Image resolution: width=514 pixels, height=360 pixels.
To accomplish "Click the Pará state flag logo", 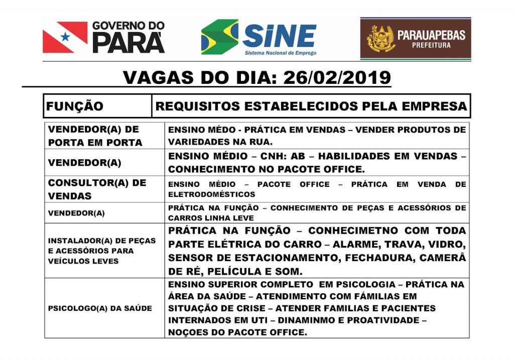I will (65, 37).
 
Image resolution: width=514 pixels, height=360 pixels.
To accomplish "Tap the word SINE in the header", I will (279, 35).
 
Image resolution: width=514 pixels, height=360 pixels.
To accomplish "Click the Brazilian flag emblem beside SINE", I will (220, 37).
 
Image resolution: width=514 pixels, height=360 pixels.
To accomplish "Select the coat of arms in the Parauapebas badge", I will (380, 39).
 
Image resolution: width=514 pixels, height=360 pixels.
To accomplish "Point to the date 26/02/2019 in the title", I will (337, 78).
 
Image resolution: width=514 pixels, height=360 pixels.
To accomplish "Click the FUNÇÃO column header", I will (75, 106).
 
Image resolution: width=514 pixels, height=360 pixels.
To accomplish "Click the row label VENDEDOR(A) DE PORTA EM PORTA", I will (95, 136).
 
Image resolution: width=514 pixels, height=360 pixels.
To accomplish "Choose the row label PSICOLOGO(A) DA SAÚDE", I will (100, 308).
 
